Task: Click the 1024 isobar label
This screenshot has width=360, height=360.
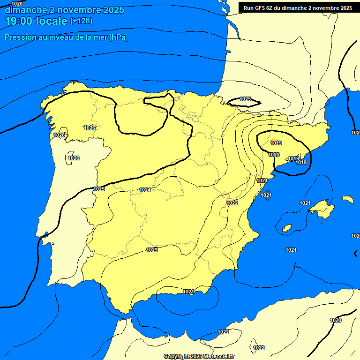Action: [x=145, y=190]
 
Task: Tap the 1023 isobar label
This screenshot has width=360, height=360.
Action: [x=152, y=250]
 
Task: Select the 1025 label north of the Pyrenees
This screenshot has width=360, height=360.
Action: [x=245, y=99]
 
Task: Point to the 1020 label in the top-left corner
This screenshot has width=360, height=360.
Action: [x=17, y=4]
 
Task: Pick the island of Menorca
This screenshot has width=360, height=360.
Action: [x=348, y=199]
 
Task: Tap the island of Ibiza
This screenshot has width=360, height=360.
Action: [x=287, y=228]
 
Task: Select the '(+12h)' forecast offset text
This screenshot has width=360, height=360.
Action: [x=81, y=21]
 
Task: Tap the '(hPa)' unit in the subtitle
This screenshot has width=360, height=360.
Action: [x=118, y=37]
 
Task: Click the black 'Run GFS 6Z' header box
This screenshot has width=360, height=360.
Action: [x=298, y=7]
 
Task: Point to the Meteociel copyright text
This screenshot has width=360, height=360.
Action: [x=199, y=356]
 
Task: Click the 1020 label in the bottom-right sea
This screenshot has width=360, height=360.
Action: [x=336, y=320]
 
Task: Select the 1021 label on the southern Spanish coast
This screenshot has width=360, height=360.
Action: [x=188, y=292]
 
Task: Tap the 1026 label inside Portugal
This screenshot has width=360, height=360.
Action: [x=74, y=158]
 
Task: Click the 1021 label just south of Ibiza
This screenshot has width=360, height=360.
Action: [x=291, y=250]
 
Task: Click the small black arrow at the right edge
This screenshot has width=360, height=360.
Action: [x=356, y=253]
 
